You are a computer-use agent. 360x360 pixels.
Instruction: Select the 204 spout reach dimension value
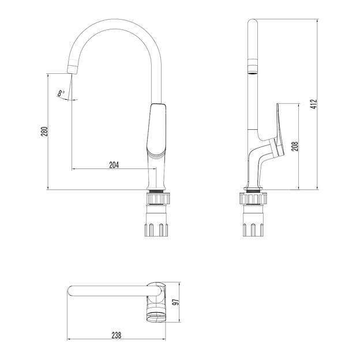point(114,165)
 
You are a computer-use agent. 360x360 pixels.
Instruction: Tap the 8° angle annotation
point(61,93)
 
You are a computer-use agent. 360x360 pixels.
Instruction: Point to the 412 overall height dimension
point(314,104)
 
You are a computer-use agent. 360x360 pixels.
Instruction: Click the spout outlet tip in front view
point(72,69)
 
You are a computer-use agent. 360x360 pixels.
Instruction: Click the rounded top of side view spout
point(252,24)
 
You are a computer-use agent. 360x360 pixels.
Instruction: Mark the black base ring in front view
point(157,190)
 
